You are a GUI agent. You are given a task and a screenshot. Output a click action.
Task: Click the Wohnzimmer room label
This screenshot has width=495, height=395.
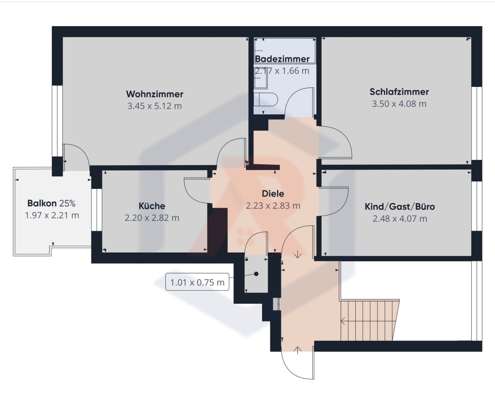pos(155,94)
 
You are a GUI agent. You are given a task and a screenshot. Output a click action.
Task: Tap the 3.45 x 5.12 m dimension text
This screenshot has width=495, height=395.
pos(154,106)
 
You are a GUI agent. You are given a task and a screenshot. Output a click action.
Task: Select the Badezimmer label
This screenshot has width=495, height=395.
pos(282,59)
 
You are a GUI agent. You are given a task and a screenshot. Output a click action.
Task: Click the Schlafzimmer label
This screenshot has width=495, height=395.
pos(399,92)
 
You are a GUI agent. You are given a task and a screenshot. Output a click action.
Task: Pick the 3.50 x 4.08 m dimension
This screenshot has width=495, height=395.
pos(399,104)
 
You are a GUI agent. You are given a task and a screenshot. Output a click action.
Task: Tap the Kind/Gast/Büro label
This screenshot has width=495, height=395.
pos(400,207)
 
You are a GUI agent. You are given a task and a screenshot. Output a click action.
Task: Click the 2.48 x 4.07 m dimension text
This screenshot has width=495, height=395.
pos(400,218)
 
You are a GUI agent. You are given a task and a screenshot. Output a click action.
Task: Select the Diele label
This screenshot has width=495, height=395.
pos(273,194)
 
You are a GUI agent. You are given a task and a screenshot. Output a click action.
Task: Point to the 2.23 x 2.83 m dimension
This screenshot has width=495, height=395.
pos(273,206)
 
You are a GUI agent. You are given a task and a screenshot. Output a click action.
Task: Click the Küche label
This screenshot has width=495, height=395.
pos(152,206)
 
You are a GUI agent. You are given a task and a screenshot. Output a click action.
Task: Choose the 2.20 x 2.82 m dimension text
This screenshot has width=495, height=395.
pos(152,218)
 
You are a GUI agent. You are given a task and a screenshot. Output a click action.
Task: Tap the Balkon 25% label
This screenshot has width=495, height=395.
pos(51,203)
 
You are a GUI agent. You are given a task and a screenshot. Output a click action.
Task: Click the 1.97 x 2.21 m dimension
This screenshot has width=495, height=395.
pos(52,215)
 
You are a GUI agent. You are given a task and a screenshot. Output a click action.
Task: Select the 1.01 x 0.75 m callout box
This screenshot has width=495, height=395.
pos(197,282)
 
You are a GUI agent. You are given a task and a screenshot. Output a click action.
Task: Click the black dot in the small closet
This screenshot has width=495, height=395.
pos(256,274)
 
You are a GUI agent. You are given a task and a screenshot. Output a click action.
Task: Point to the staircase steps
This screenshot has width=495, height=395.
pos(369,320)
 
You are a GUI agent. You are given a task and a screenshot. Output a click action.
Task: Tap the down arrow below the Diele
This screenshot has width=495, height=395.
pos(298,254)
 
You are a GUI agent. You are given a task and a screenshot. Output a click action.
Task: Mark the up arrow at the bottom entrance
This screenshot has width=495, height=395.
pos(298,350)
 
